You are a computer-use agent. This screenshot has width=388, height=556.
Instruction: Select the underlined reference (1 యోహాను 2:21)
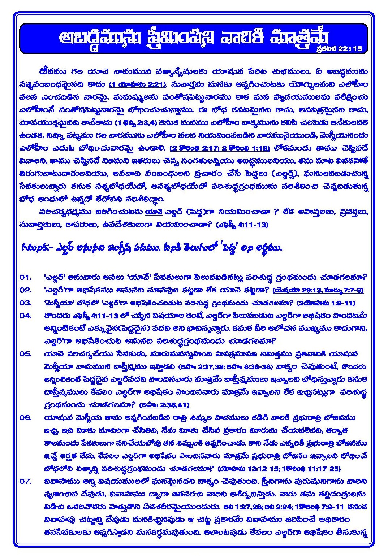coord(138,85)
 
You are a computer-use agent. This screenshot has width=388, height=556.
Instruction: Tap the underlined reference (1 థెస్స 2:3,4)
coord(136,123)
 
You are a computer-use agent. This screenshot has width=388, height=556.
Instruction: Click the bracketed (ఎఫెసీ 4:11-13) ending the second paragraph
coord(242,225)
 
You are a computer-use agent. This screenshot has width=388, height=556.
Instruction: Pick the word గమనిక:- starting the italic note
coord(34,248)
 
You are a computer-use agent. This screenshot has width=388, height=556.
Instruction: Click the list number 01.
coord(25,277)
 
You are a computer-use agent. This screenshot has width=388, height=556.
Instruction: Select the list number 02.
coord(25,290)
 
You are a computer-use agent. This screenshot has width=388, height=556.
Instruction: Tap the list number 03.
coord(25,303)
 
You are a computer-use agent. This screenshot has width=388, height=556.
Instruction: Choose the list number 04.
coord(25,316)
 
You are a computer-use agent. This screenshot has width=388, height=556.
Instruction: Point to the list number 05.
coord(25,354)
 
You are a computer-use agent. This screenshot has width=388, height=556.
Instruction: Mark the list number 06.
coord(25,418)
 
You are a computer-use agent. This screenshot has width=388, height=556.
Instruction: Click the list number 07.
coord(25,481)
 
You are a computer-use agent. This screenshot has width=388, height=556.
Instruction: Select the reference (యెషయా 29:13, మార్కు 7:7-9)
coord(318,290)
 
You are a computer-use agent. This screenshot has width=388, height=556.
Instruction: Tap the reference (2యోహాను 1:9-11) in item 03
coord(326,303)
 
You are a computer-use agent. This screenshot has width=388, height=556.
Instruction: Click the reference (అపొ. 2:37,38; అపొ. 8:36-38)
coord(225,366)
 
